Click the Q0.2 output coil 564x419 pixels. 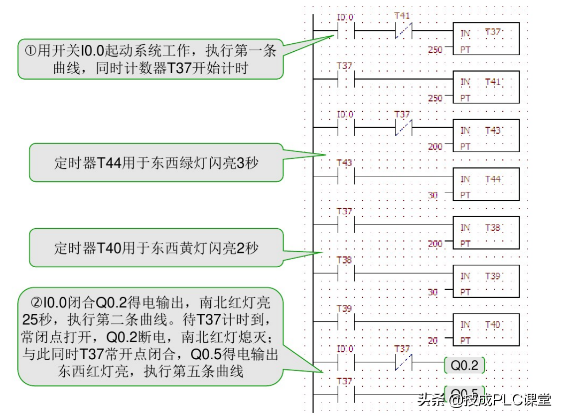coord(464,366)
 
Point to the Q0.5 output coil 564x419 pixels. coord(464,392)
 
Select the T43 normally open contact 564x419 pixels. coord(345,176)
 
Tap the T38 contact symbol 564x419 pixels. coord(345,273)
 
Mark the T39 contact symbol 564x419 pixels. coord(345,321)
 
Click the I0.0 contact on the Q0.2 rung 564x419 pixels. coord(345,362)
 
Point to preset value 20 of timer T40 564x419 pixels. coord(433,341)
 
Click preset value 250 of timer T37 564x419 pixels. coord(435,50)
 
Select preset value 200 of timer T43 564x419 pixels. coord(435,147)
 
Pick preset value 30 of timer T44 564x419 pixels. coord(433,195)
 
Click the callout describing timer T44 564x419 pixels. coord(156,163)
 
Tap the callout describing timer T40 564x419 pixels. coord(156,248)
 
